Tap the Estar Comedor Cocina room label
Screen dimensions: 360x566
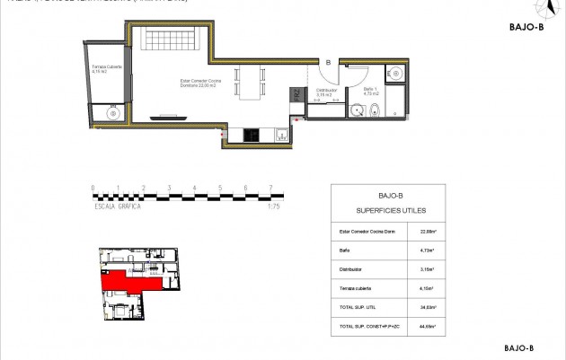click(200, 83)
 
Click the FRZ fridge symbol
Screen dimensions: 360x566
click(295, 93)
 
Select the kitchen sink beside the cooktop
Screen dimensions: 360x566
click(281, 136)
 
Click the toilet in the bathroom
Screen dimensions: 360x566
click(377, 111)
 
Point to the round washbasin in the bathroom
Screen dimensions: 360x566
click(357, 112)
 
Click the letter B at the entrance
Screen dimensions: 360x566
click(329, 62)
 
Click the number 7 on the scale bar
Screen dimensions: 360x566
click(270, 189)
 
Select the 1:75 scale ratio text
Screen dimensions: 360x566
click(274, 205)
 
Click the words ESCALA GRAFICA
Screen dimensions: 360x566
click(118, 205)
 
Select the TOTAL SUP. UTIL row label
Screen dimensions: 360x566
click(360, 307)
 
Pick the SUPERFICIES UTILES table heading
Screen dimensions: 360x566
click(388, 210)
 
